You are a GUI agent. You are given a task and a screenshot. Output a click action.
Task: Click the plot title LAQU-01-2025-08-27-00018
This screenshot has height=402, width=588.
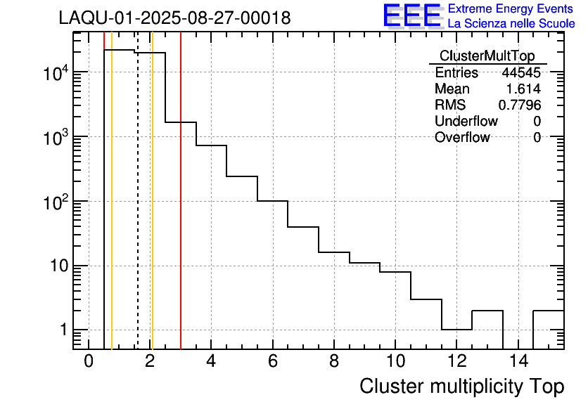click(174, 18)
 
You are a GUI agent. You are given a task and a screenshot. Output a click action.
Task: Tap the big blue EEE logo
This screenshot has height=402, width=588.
click(412, 15)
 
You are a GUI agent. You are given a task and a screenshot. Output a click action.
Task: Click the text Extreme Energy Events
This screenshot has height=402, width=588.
click(511, 9)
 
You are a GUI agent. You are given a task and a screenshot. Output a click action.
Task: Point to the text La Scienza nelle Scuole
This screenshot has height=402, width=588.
click(511, 23)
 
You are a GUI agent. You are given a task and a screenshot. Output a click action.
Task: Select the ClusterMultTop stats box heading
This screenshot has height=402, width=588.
click(487, 56)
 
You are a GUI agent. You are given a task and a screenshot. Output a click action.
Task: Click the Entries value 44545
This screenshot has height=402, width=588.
click(521, 73)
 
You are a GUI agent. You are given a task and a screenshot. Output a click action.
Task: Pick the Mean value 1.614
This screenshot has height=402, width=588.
click(523, 89)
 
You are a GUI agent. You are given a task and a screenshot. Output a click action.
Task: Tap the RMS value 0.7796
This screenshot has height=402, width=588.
click(520, 105)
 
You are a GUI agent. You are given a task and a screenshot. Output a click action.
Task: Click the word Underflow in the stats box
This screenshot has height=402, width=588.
click(466, 122)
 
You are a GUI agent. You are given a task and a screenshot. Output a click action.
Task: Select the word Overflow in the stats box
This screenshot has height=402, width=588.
click(461, 138)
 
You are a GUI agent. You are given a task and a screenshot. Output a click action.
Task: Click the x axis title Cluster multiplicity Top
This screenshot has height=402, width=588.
click(461, 387)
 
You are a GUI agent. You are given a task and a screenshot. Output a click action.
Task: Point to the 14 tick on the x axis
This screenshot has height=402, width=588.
click(517, 361)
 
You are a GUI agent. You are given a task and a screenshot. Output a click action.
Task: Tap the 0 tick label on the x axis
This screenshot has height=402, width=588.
click(89, 361)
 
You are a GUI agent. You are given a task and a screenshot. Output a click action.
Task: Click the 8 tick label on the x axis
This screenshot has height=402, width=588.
click(333, 361)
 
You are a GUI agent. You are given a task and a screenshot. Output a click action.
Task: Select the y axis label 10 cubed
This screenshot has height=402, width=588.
click(52, 137)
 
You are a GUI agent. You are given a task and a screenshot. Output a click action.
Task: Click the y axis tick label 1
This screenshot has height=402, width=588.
click(63, 330)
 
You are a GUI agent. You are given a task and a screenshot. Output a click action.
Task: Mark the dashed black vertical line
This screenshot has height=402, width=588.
click(138, 211)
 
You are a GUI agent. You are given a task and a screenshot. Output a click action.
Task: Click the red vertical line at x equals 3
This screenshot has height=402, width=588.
click(181, 211)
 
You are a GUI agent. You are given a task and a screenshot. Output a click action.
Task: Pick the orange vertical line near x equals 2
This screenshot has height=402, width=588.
click(152, 211)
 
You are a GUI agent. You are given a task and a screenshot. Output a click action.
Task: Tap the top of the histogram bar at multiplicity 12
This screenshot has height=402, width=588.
click(456, 329)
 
